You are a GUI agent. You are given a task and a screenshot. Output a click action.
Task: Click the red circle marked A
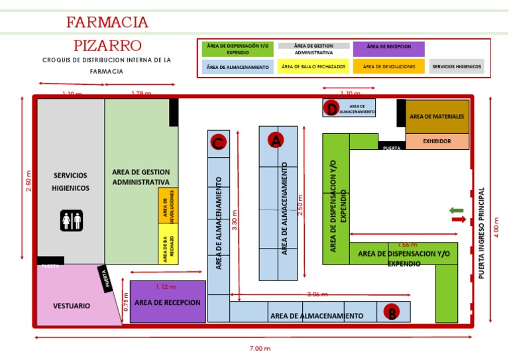[x=275, y=141]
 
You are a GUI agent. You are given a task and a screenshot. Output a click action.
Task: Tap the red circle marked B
[x=392, y=313]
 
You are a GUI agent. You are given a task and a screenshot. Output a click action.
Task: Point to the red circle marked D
[x=331, y=109]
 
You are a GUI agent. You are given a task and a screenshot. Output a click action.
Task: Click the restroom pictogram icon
[x=71, y=221]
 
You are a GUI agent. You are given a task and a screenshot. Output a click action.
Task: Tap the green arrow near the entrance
[x=457, y=210]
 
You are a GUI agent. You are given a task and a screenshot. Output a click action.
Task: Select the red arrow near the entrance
[x=458, y=219]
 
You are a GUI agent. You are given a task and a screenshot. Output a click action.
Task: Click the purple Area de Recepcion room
[x=168, y=302]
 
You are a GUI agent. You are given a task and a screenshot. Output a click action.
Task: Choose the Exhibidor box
[x=437, y=141]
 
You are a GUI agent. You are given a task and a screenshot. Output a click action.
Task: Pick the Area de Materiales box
[x=437, y=117]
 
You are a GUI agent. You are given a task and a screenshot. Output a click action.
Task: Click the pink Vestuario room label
[x=72, y=306]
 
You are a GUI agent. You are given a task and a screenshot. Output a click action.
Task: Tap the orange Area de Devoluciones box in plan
[x=168, y=206]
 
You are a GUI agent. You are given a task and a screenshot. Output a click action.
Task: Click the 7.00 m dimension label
[x=260, y=348]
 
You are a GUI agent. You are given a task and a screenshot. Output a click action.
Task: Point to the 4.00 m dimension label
[x=496, y=225]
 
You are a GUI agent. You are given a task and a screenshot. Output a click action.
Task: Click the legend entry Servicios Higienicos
[x=457, y=66]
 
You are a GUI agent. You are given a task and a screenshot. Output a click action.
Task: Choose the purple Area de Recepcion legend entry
[x=389, y=48]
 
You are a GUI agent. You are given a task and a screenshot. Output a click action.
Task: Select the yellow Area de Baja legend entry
[x=314, y=66]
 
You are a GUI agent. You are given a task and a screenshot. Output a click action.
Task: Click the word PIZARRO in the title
[x=107, y=45]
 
